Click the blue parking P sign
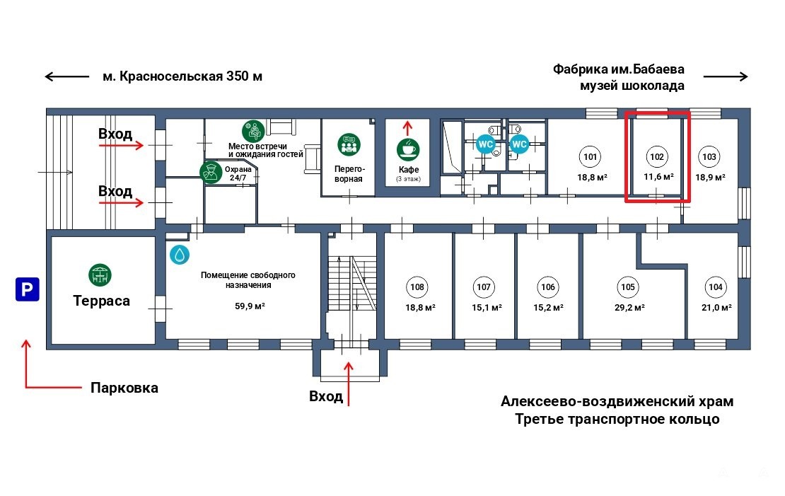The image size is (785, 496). [28, 289]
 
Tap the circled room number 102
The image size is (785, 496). [657, 156]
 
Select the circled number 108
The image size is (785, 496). [417, 287]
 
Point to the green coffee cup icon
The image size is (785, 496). [408, 149]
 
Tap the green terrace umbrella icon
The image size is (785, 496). [100, 275]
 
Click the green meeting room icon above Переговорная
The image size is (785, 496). [348, 144]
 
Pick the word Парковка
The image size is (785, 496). [124, 388]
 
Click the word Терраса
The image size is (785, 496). [102, 301]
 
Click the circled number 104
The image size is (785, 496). [714, 287]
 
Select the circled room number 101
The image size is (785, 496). [590, 156]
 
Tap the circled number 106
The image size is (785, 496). [547, 287]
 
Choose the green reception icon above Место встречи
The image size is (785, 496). [253, 131]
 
